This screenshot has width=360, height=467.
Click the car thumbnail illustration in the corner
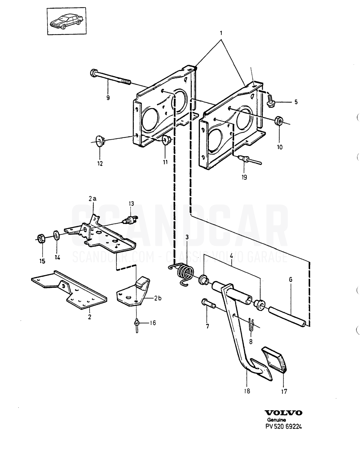(67, 21)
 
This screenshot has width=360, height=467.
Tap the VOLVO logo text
(284, 413)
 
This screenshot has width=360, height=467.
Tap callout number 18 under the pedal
(247, 391)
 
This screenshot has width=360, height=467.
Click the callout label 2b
(158, 298)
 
